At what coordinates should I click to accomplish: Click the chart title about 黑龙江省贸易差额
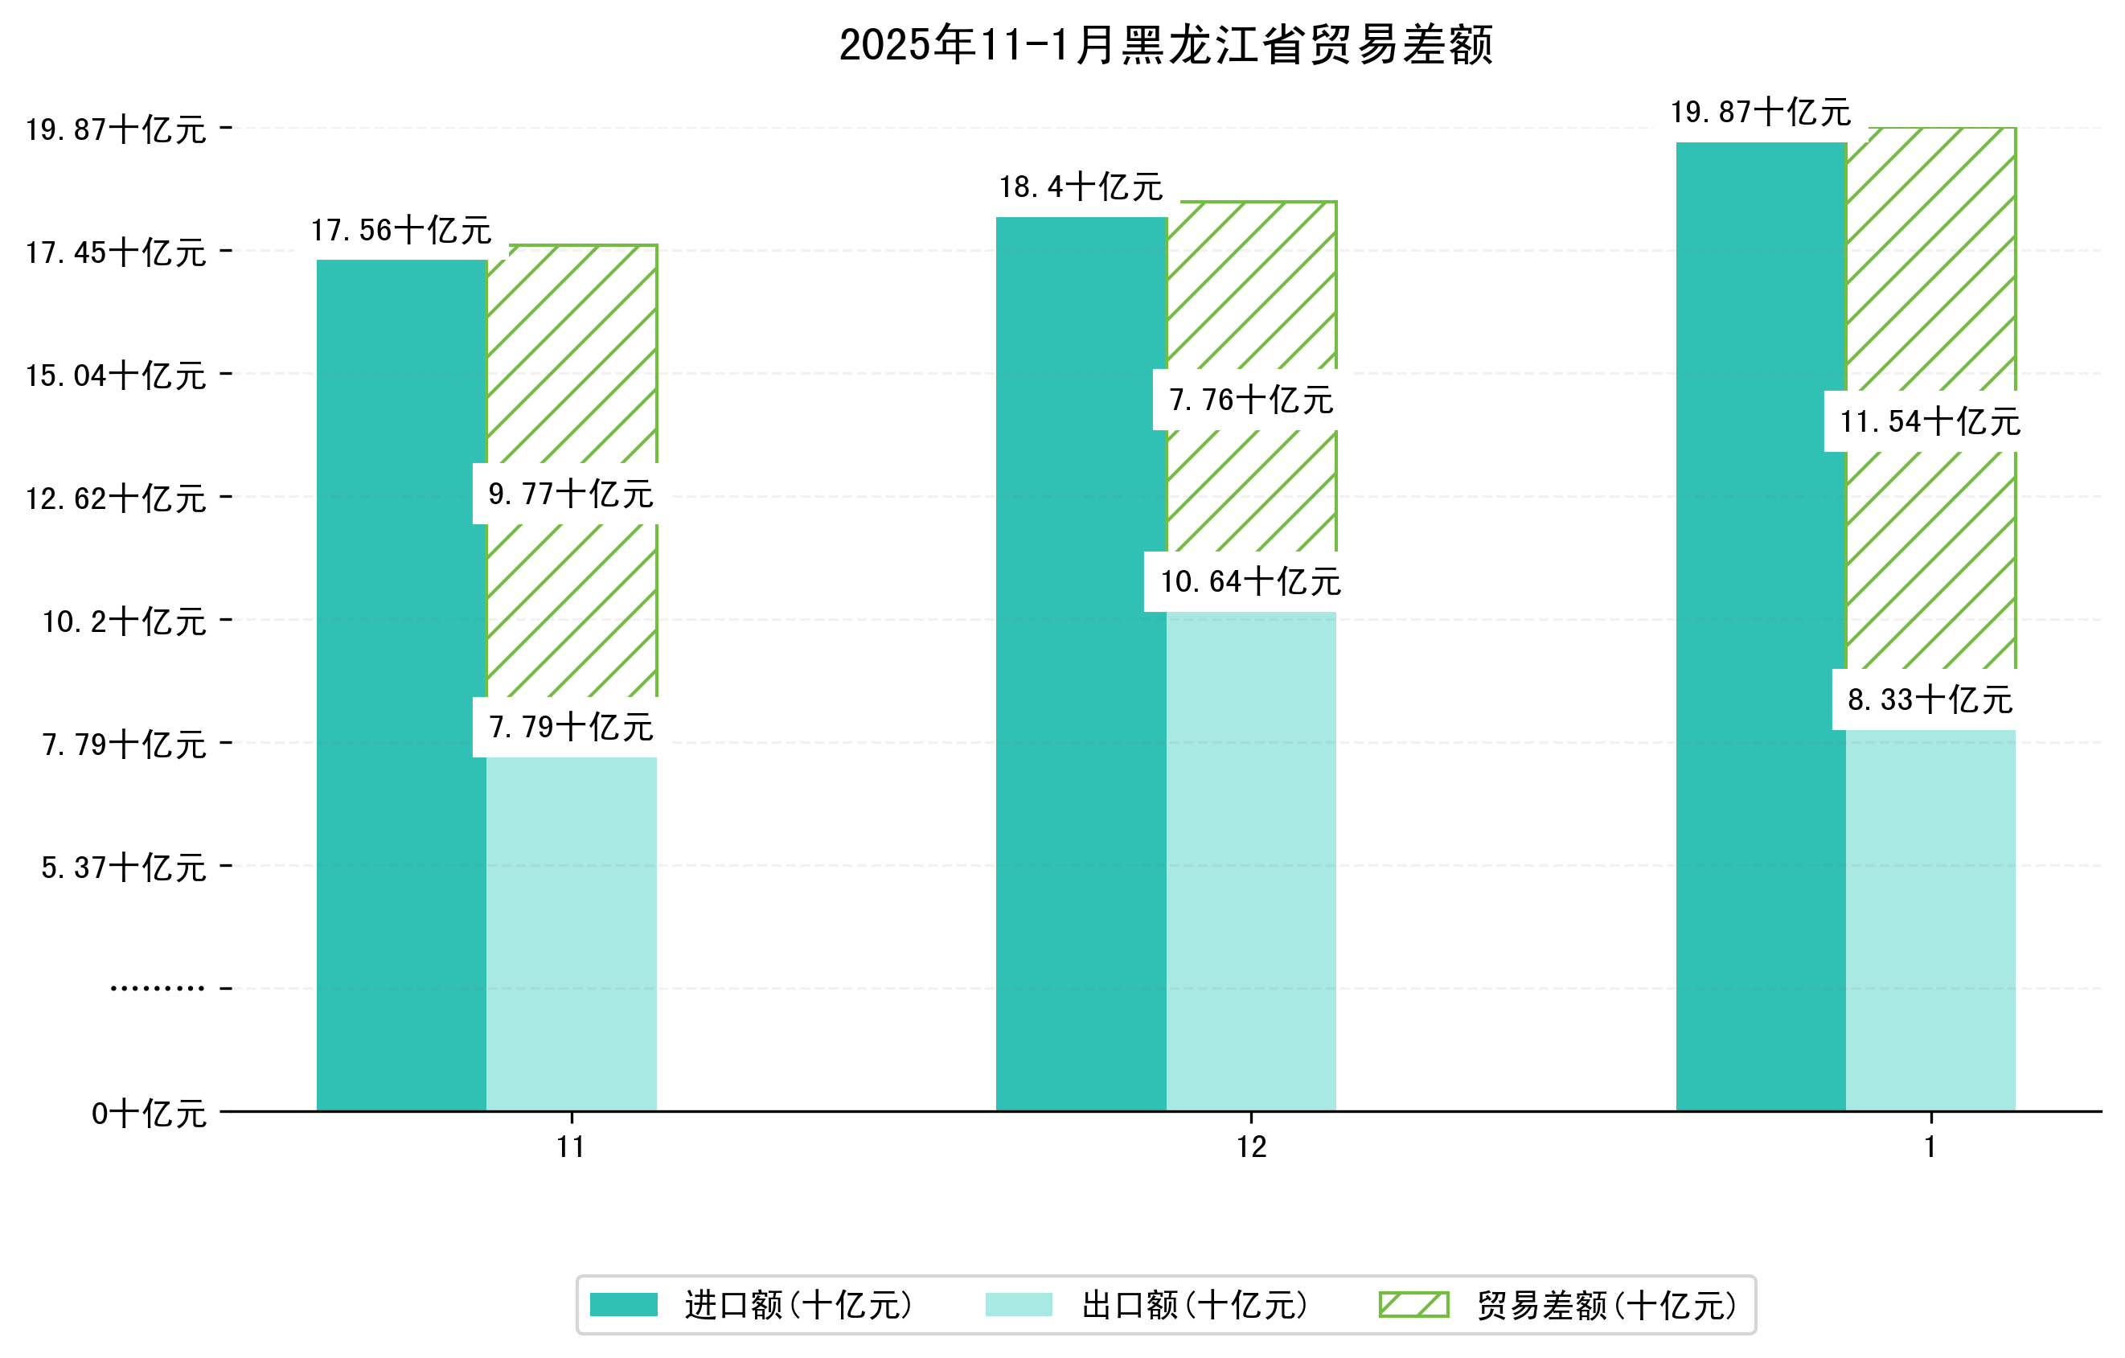(x=1165, y=45)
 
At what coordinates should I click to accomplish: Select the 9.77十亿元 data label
(x=571, y=494)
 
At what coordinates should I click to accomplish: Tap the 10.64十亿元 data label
(x=1250, y=582)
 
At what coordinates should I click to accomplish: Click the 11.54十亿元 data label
(x=1930, y=422)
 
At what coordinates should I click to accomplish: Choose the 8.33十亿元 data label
(x=1930, y=700)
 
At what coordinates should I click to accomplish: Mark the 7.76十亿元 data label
(x=1250, y=400)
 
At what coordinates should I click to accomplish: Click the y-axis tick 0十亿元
(x=148, y=1114)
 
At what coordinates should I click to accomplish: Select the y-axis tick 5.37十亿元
(x=124, y=868)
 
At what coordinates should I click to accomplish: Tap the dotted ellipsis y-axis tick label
(x=157, y=988)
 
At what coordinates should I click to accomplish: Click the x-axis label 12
(x=1250, y=1148)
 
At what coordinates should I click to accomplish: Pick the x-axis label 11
(x=571, y=1148)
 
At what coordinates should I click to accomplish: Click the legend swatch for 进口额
(x=623, y=1305)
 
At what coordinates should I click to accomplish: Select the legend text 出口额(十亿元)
(x=1195, y=1305)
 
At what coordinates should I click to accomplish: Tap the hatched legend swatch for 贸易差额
(x=1413, y=1305)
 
